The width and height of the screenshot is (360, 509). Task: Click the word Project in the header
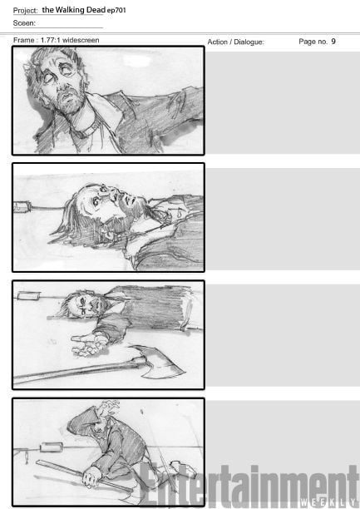[x=25, y=10]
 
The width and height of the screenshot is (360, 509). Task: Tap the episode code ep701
[x=116, y=10]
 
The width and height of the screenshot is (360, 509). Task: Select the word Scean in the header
[x=24, y=23]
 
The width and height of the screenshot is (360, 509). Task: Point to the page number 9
[x=333, y=42]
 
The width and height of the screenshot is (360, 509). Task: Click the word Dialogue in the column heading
[x=249, y=42]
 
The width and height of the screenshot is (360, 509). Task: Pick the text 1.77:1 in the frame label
[x=51, y=40]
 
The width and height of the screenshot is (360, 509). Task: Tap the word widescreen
[x=81, y=40]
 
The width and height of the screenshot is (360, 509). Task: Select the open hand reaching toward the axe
[x=87, y=343]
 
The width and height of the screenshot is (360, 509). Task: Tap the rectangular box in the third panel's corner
[x=28, y=296]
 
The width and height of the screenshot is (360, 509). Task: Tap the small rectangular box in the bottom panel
[x=52, y=447]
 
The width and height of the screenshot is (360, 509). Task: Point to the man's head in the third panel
[x=83, y=304]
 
